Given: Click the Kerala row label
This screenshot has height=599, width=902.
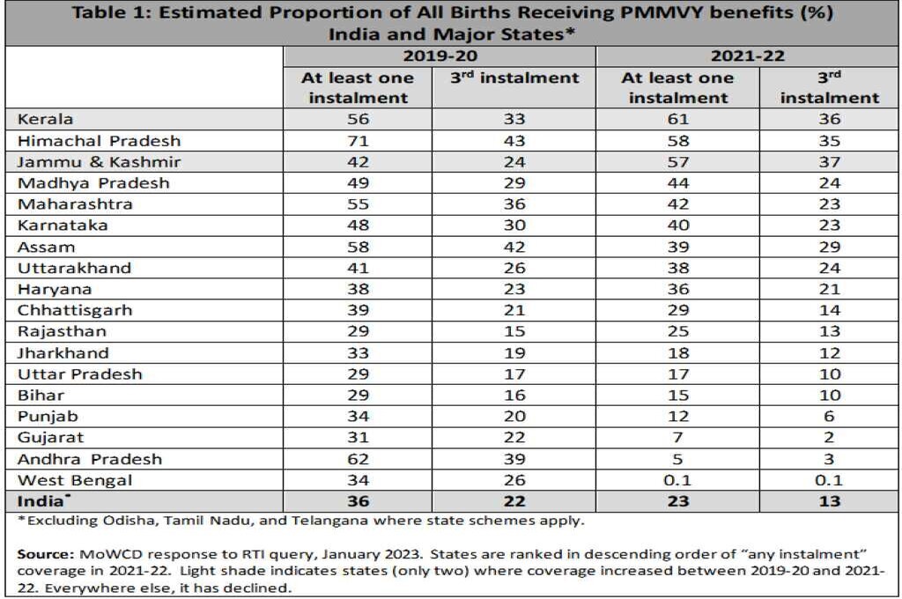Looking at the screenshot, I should pyautogui.click(x=45, y=120).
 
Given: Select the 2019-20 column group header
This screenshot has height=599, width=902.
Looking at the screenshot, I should pyautogui.click(x=440, y=56).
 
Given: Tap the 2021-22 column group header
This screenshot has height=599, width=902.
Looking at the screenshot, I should pyautogui.click(x=748, y=56).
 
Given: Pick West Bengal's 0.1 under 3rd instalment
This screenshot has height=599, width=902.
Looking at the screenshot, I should pyautogui.click(x=829, y=480).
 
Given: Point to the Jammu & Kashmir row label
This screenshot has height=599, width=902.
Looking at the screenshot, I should pyautogui.click(x=79, y=162).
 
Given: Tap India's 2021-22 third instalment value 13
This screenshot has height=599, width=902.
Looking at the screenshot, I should pyautogui.click(x=829, y=501).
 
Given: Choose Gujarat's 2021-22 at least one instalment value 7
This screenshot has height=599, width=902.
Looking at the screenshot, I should pyautogui.click(x=678, y=438).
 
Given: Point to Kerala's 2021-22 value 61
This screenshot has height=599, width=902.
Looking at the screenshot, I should pyautogui.click(x=678, y=120).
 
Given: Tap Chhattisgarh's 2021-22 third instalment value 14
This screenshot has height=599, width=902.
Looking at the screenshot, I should pyautogui.click(x=829, y=310).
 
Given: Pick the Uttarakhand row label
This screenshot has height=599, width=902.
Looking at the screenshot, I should pyautogui.click(x=74, y=268).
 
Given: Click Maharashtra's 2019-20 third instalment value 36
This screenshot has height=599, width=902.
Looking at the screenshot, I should pyautogui.click(x=514, y=204).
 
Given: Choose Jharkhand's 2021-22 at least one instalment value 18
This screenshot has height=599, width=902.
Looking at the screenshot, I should pyautogui.click(x=678, y=352).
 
